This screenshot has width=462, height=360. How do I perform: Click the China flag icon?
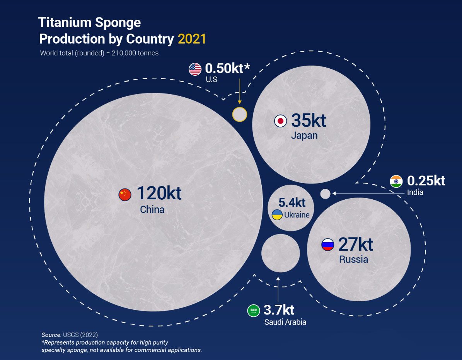(125, 195)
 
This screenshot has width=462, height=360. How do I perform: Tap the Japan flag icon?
(280, 121)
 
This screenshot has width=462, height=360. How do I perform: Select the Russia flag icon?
(327, 245)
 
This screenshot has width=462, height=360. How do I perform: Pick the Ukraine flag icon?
(277, 215)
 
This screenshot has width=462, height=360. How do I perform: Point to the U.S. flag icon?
(195, 70)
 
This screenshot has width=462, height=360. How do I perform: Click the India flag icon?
(396, 181)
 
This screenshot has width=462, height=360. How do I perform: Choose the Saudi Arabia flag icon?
(254, 311)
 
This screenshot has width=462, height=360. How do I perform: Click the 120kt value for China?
(159, 193)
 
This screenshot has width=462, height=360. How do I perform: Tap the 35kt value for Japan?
(309, 121)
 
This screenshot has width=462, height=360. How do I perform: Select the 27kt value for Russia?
(355, 244)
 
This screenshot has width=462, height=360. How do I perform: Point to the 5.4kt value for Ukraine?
(292, 202)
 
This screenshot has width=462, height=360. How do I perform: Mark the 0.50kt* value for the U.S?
(227, 68)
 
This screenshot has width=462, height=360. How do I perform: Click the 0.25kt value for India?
(426, 181)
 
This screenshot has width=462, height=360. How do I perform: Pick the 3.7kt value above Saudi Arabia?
(279, 310)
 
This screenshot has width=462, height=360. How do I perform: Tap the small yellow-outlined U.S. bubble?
(239, 114)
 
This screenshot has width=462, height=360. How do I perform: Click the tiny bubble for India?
(326, 194)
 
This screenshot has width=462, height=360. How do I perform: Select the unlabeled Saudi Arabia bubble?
(281, 253)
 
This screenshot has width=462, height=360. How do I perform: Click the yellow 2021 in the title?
(192, 39)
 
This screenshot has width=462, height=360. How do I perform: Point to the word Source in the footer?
(51, 335)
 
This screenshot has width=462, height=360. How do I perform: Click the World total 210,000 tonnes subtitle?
(99, 53)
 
